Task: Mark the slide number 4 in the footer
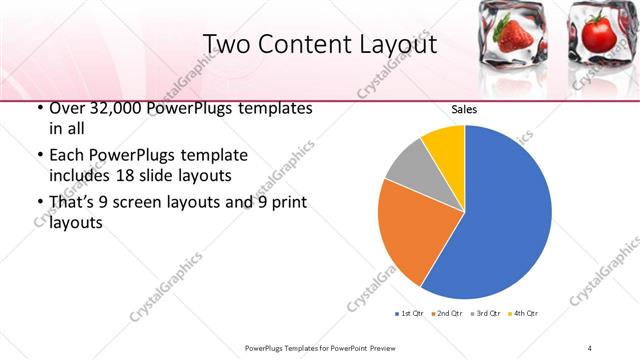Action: coord(590,347)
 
